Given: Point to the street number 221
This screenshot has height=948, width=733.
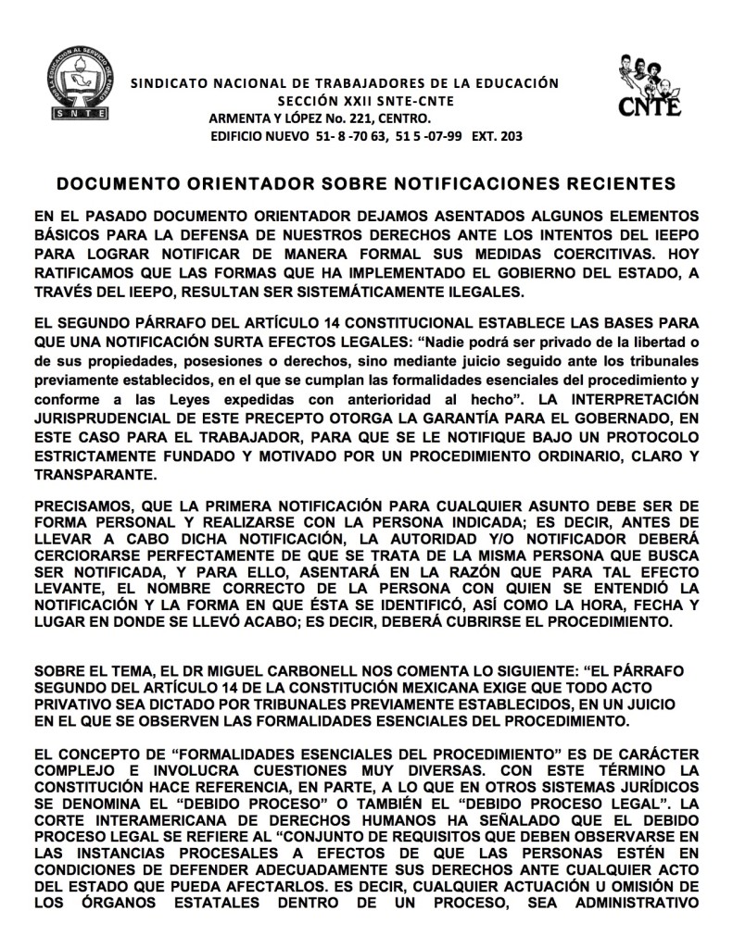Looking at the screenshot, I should click(x=367, y=118).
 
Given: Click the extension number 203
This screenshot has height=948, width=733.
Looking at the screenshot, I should click(x=508, y=136).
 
